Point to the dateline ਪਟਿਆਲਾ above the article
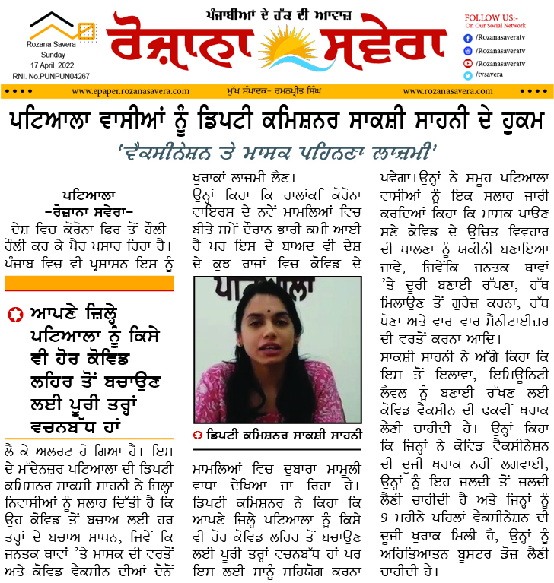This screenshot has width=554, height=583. click(x=90, y=194)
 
